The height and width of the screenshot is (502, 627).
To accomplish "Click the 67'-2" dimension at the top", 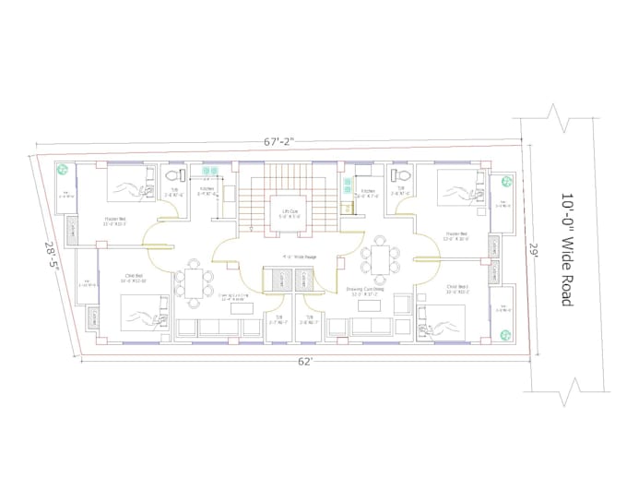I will point(278,141).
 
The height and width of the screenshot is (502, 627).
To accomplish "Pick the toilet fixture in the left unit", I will point(172,174).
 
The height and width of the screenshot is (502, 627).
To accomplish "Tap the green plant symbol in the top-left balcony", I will point(64,171).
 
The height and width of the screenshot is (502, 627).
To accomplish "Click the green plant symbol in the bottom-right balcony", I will point(503,335).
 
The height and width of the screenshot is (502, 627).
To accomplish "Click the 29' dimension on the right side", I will point(534,249).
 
